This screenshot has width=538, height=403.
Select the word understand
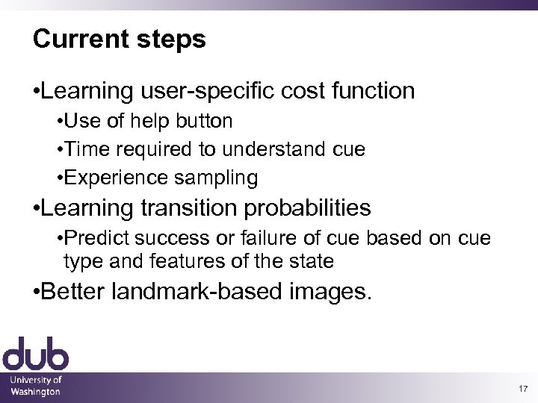[270, 149]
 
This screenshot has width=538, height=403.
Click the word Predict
[95, 238]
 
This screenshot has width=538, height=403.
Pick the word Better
[74, 292]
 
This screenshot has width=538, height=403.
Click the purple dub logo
[35, 354]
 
